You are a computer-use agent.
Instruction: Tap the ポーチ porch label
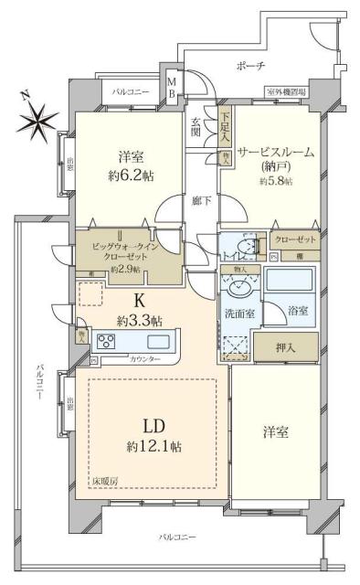250,66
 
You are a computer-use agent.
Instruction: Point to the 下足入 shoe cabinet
225,123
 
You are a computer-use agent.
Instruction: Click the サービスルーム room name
275,153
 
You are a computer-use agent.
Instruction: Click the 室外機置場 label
287,91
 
